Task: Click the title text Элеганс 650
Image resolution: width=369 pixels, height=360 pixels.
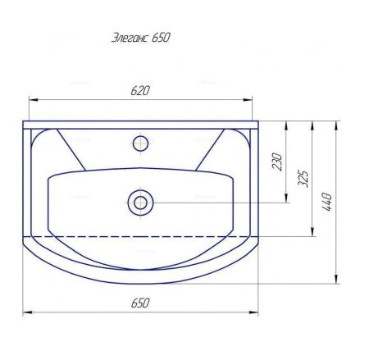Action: (141, 38)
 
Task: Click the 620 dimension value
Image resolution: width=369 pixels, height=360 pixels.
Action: (140, 91)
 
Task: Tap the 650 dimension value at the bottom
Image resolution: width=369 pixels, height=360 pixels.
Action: (140, 303)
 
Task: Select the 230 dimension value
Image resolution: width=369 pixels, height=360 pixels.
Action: (277, 162)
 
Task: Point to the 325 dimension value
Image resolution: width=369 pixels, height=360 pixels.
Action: (303, 179)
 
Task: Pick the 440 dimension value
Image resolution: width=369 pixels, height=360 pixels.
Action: (326, 202)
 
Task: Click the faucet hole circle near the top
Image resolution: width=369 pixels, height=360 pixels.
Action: (140, 144)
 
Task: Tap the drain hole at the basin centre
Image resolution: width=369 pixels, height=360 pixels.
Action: (140, 203)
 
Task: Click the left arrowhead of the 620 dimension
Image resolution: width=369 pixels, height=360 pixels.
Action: (34, 100)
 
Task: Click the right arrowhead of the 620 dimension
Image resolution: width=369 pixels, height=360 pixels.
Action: (248, 100)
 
